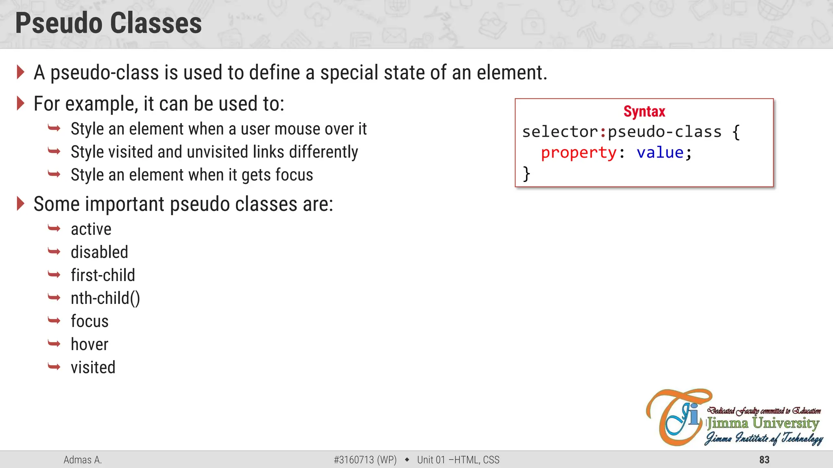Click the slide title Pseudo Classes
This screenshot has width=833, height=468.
(108, 23)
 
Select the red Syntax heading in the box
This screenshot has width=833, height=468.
(644, 112)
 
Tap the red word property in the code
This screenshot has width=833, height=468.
(578, 153)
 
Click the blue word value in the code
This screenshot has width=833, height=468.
(660, 153)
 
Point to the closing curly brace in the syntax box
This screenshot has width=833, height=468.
(526, 174)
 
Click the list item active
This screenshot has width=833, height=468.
(91, 230)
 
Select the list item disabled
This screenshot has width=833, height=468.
(99, 252)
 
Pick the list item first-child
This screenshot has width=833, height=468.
(102, 275)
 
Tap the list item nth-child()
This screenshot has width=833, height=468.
(105, 299)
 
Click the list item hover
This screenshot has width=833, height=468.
(89, 344)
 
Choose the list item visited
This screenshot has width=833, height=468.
(93, 368)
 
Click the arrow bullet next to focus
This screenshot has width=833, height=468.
(54, 321)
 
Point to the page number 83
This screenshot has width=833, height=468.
(764, 460)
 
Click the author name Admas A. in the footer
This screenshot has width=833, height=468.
(83, 460)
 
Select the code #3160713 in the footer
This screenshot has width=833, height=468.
(353, 460)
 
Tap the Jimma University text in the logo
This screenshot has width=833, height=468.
(763, 423)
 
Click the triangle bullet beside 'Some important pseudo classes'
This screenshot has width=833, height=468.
(20, 204)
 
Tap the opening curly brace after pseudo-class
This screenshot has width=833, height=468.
(736, 132)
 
